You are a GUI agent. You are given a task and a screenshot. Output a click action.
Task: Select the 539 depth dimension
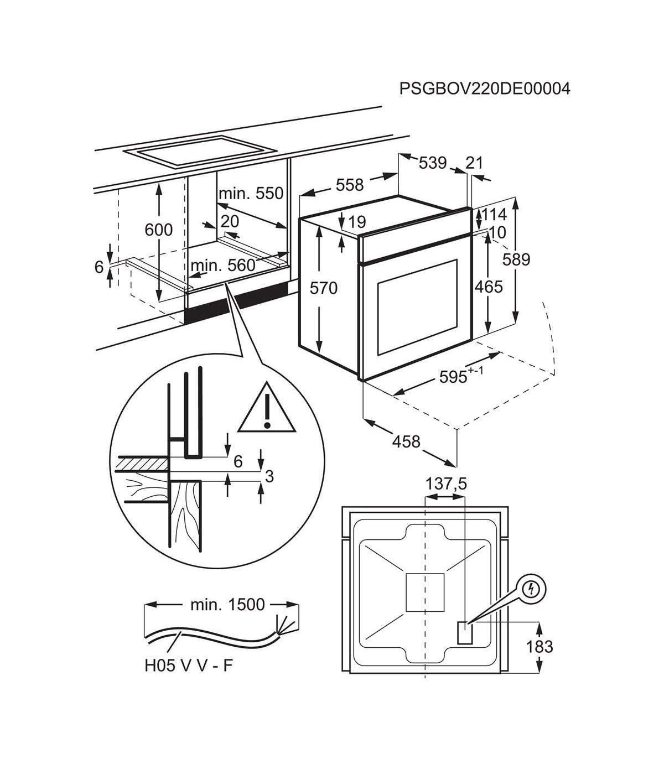point(432,163)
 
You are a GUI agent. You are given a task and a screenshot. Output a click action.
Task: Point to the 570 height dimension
point(323,288)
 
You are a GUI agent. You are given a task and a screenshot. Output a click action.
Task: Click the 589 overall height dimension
point(517,259)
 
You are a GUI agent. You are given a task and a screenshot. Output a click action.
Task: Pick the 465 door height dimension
point(489,287)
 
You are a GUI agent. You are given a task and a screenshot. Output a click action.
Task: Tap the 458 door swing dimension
point(406,441)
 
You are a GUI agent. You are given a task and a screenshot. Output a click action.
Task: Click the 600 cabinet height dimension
point(159,229)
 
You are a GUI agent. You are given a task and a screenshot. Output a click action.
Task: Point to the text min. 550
point(251,194)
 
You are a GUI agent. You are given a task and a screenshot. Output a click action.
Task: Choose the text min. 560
point(223,266)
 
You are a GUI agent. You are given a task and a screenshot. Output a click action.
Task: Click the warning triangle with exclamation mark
point(267,408)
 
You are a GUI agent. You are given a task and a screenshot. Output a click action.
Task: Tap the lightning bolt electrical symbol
point(531,590)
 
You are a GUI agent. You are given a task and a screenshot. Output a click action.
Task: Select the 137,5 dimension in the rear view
point(446,484)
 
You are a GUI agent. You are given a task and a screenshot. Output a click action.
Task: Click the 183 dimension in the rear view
point(539,646)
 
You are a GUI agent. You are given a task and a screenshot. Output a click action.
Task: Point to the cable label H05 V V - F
point(188,665)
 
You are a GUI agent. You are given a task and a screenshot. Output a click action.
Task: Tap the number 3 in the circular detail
point(269,476)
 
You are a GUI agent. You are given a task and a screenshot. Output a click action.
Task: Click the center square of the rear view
point(424,592)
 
